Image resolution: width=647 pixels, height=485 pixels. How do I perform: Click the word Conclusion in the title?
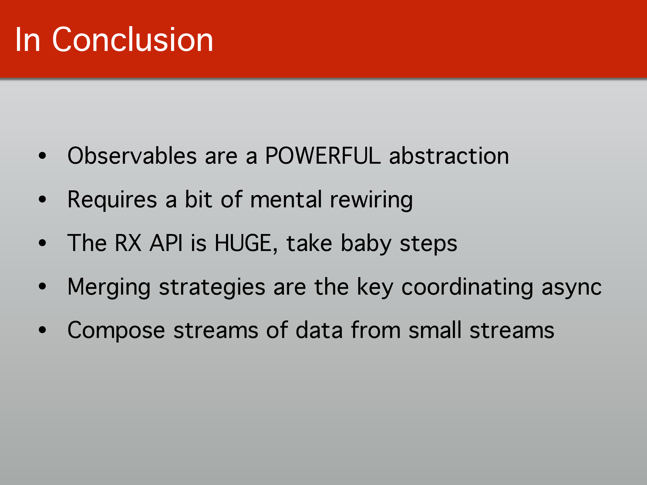[x=132, y=40]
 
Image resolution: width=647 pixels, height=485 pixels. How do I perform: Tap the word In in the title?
[x=27, y=40]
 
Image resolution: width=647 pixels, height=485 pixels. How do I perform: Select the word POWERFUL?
[x=322, y=156]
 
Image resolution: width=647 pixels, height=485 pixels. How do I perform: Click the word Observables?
[x=132, y=156]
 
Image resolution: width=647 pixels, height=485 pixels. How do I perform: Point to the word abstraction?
[x=449, y=156]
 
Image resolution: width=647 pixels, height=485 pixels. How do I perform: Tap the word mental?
[x=286, y=199]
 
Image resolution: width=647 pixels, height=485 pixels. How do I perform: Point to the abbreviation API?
[x=166, y=243]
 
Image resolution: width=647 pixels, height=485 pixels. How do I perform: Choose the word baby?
[x=366, y=244]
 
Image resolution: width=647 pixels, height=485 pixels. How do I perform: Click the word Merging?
[x=109, y=287]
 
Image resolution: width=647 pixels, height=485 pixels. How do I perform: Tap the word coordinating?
[x=467, y=287]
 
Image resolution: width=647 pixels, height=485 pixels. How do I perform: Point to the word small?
[x=435, y=330]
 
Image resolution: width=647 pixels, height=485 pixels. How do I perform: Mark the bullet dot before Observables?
[x=42, y=156]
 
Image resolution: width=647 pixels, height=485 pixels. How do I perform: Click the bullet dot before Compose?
[x=42, y=330]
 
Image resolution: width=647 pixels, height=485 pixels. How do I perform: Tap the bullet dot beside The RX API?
[x=42, y=243]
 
